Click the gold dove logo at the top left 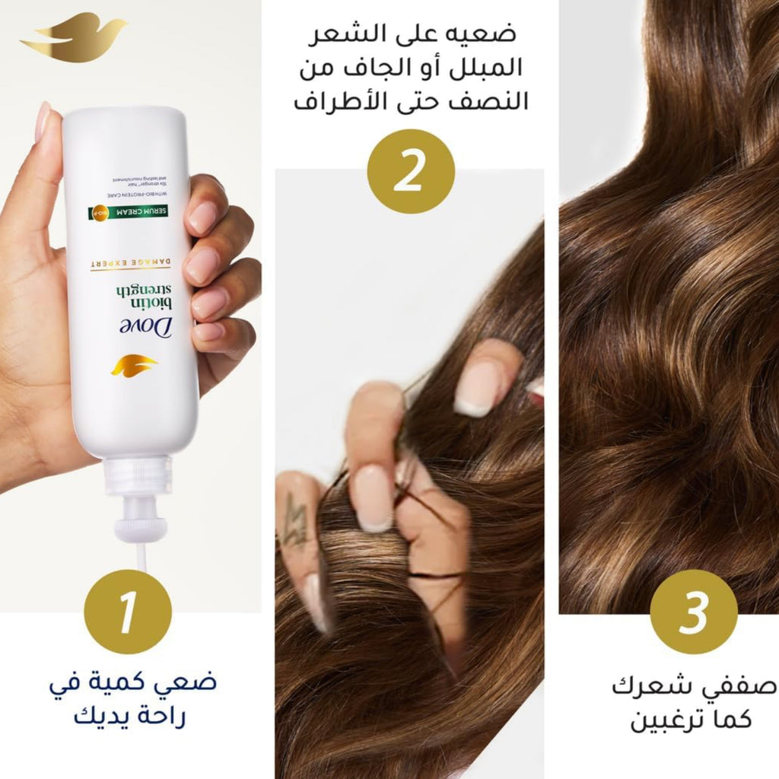(72, 38)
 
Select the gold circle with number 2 (411, 171)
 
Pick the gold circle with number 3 (694, 612)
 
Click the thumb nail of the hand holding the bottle (43, 121)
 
